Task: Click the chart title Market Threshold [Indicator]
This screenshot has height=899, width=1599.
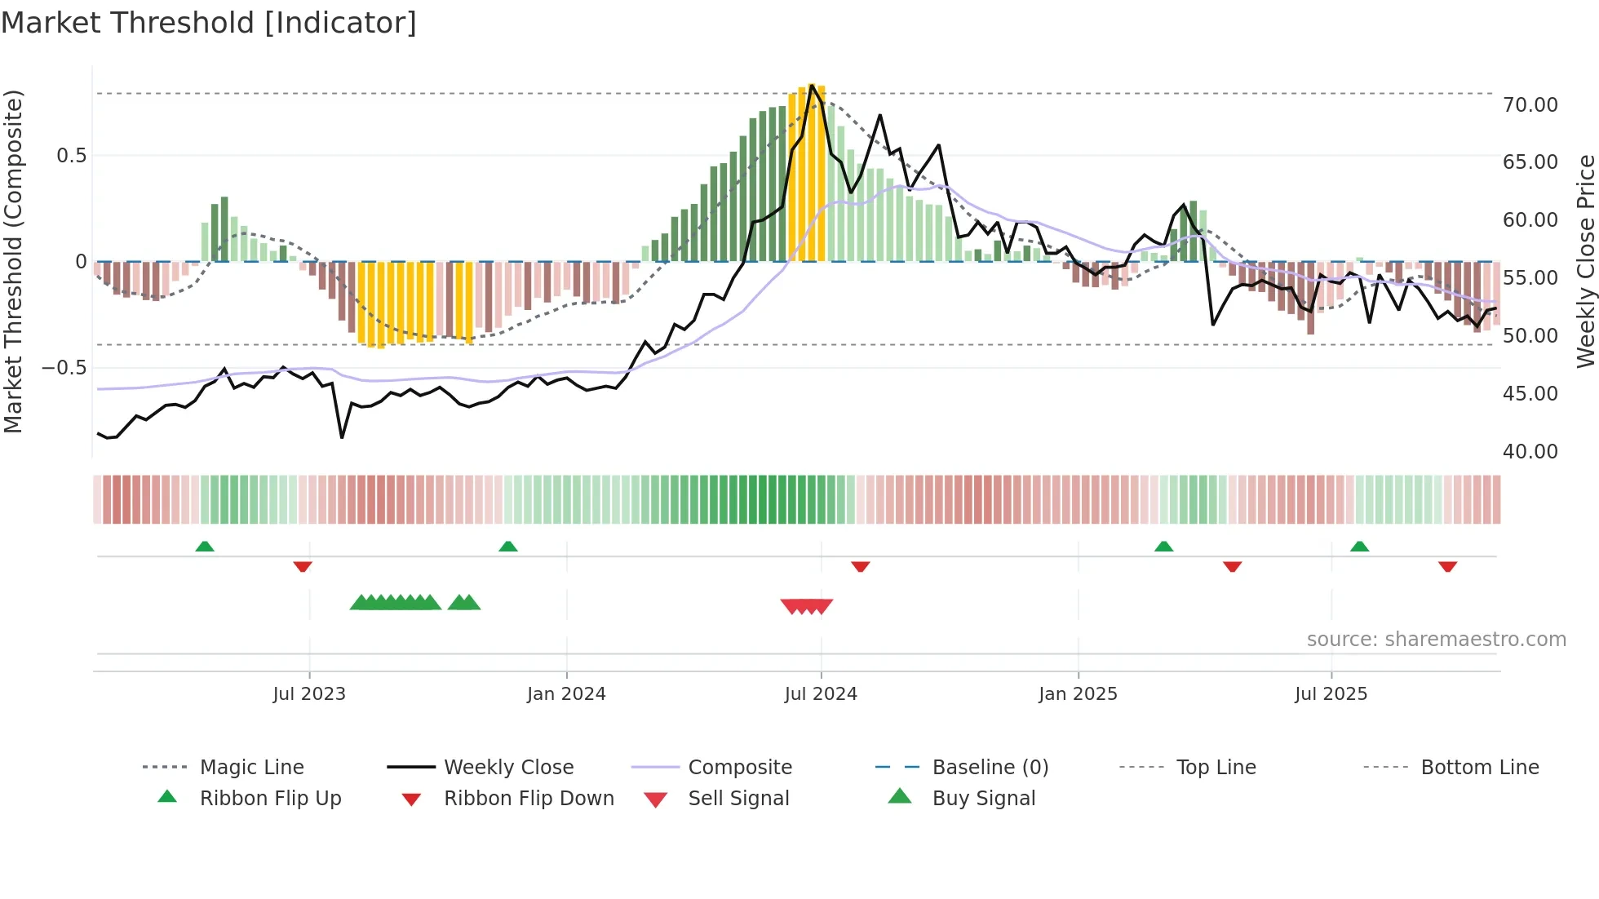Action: click(x=209, y=23)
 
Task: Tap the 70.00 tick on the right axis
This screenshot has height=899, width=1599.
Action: click(x=1530, y=105)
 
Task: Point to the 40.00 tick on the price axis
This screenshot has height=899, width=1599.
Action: click(x=1530, y=452)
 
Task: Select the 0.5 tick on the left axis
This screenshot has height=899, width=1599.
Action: click(x=71, y=156)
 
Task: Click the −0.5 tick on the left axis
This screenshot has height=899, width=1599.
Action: click(x=64, y=368)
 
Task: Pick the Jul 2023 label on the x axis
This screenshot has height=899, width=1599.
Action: click(x=309, y=694)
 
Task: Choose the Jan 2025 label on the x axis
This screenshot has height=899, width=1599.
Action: click(x=1078, y=694)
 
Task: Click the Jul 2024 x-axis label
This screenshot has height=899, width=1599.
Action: click(x=821, y=694)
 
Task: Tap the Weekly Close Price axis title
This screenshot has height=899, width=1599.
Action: click(x=1585, y=261)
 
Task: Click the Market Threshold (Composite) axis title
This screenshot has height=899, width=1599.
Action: click(x=13, y=261)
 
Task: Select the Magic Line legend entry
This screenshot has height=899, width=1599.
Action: click(x=251, y=768)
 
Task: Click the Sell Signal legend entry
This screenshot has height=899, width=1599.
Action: click(x=738, y=799)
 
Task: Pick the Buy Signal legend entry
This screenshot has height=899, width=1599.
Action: click(x=983, y=799)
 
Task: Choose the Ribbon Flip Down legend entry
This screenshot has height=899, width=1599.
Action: click(x=529, y=799)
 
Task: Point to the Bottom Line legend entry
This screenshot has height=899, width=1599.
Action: click(x=1479, y=768)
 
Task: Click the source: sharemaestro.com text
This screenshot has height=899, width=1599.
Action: click(x=1436, y=640)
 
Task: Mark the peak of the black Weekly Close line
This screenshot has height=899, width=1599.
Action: click(x=812, y=86)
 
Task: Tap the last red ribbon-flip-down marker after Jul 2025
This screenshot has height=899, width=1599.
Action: click(x=1448, y=566)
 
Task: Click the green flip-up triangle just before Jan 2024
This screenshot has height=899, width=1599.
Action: click(x=508, y=547)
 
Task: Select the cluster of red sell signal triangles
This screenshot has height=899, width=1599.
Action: click(x=807, y=606)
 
